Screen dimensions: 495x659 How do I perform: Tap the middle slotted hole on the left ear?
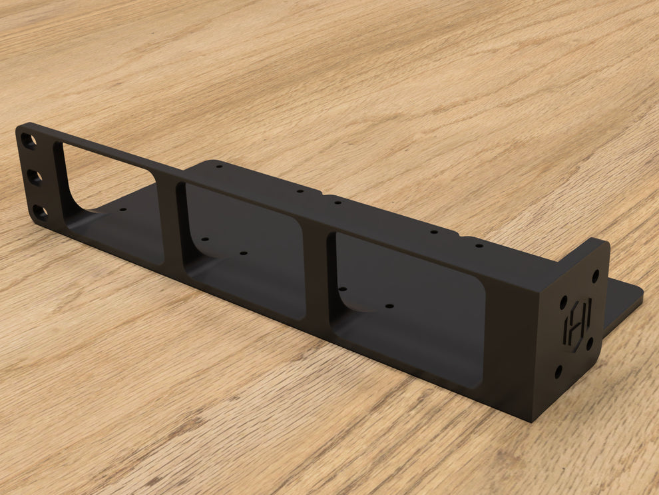pos(34,177)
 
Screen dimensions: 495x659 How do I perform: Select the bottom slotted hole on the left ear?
pos(40,213)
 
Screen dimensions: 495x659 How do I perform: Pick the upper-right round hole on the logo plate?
pos(595,274)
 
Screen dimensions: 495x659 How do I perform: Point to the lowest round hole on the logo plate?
pos(558,370)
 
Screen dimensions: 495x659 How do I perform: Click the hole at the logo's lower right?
pos(590,343)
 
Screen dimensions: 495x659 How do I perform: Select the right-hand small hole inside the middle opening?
pos(243,254)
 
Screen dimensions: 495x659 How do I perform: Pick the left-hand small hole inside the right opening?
pos(342,289)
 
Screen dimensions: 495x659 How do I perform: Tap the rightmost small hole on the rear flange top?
pos(479,245)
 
